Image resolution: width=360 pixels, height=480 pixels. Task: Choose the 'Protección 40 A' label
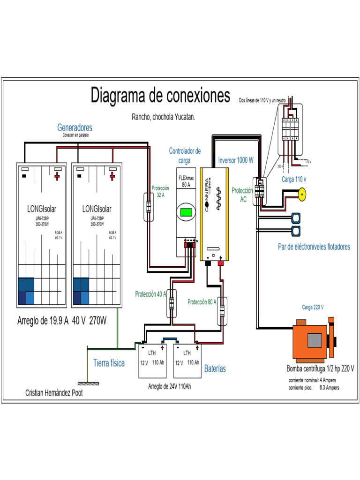[x=150, y=294]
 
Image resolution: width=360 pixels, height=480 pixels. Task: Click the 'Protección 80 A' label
[x=202, y=302]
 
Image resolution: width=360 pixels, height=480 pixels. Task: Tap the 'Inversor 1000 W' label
[x=236, y=160]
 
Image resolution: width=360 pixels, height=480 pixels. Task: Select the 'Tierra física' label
[x=109, y=363]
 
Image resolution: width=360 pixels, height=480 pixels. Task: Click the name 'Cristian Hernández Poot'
[x=53, y=393]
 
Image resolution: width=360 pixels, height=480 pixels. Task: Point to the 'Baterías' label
[x=215, y=369]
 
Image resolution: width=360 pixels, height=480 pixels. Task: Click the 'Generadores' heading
[x=75, y=127]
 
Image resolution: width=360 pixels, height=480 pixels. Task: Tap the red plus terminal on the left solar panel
[x=58, y=176]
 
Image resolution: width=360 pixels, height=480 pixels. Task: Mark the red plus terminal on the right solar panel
[x=112, y=176]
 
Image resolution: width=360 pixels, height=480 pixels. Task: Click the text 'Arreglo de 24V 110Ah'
[x=169, y=386]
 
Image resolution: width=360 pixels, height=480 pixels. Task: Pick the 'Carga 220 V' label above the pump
[x=313, y=307]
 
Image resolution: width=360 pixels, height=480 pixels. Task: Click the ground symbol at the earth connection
[x=87, y=370]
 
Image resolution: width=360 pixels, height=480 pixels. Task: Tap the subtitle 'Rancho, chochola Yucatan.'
[x=163, y=117]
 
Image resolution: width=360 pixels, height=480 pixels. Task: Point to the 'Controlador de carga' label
[x=185, y=156]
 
